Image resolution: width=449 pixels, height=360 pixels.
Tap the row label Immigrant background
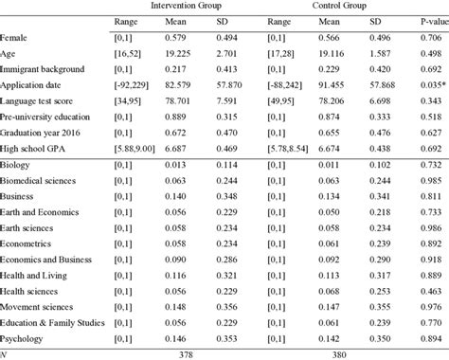(44, 69)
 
